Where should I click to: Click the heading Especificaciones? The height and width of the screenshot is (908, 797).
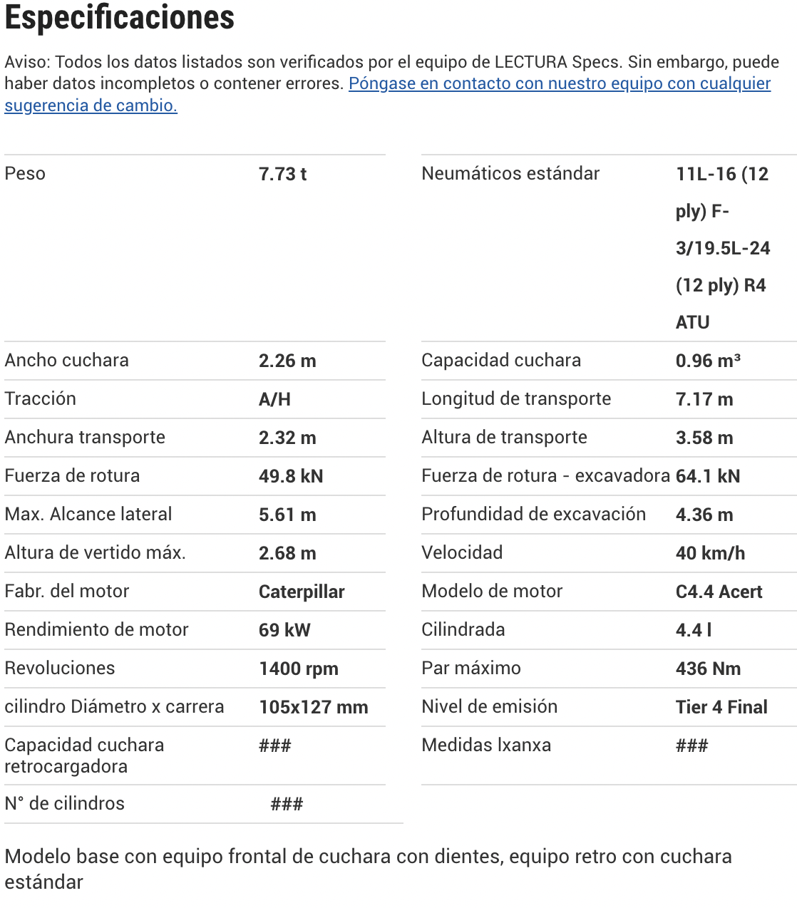click(120, 18)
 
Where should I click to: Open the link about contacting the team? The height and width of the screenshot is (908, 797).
click(559, 84)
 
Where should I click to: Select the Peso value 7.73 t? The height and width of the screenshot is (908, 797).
click(282, 175)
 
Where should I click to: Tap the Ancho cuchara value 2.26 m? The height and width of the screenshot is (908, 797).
click(287, 361)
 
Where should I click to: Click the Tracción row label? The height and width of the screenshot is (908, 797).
click(41, 399)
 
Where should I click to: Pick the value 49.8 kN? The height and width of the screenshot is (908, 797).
click(291, 477)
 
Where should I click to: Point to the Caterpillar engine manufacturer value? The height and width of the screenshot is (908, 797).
click(302, 592)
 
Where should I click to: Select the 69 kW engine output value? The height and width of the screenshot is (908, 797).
click(284, 631)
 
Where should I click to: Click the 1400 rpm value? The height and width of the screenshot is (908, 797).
click(299, 669)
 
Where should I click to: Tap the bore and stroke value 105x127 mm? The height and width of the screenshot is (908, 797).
click(314, 708)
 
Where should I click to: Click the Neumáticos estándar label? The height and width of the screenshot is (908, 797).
click(510, 174)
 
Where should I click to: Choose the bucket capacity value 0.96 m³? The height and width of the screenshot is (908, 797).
click(708, 361)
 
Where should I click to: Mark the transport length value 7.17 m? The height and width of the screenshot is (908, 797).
click(704, 400)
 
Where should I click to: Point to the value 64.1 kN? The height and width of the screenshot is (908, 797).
click(708, 477)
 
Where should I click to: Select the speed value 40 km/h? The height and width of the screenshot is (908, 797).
click(710, 554)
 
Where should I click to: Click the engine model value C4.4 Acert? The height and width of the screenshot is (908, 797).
click(719, 592)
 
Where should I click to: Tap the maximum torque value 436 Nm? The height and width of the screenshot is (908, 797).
click(708, 669)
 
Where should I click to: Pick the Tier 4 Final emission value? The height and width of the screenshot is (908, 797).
click(721, 708)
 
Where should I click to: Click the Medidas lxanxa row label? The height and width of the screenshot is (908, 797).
click(486, 746)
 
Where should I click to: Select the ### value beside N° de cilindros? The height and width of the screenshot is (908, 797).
click(287, 805)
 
